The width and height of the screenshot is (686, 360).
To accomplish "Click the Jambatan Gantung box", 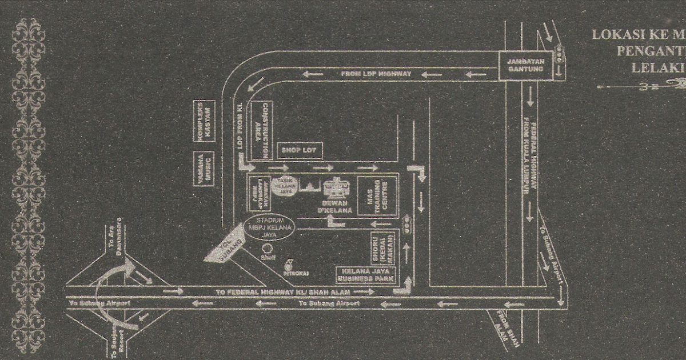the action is click(525, 65).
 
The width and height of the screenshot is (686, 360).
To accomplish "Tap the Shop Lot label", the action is click(300, 151).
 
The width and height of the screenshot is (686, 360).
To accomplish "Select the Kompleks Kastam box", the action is click(203, 122).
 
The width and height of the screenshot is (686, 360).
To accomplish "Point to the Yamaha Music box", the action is click(203, 167).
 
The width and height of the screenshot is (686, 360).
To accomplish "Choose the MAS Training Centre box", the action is click(373, 196).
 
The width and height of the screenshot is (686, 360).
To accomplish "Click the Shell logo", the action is click(265, 249).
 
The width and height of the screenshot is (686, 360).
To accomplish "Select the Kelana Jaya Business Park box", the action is click(365, 275).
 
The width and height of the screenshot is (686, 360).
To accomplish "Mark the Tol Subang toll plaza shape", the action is click(224, 250).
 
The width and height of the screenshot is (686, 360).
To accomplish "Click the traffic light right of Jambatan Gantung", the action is click(560, 55).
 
